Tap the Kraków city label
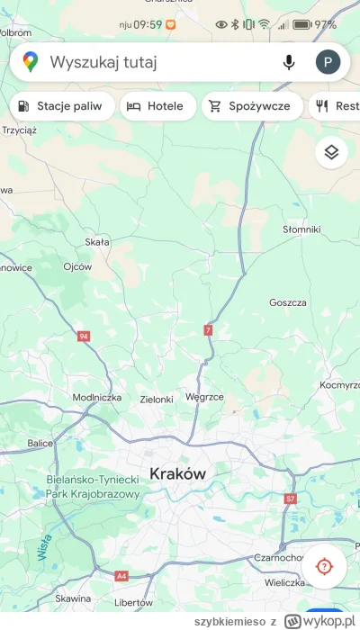click(x=178, y=473)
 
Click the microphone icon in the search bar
click(x=289, y=62)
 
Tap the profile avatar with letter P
click(x=328, y=62)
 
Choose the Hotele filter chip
click(x=156, y=106)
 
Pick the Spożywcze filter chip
click(x=250, y=106)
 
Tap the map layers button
click(x=331, y=152)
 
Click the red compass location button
click(x=324, y=567)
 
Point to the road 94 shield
click(x=84, y=337)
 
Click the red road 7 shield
click(x=209, y=331)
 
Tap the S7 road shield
click(x=290, y=498)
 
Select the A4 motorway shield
click(x=121, y=575)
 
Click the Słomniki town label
click(x=301, y=229)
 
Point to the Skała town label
click(x=96, y=242)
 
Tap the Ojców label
click(x=78, y=266)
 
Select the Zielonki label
click(x=157, y=398)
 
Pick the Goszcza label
click(x=288, y=302)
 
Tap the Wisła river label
click(x=43, y=547)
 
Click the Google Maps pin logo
click(x=31, y=62)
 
